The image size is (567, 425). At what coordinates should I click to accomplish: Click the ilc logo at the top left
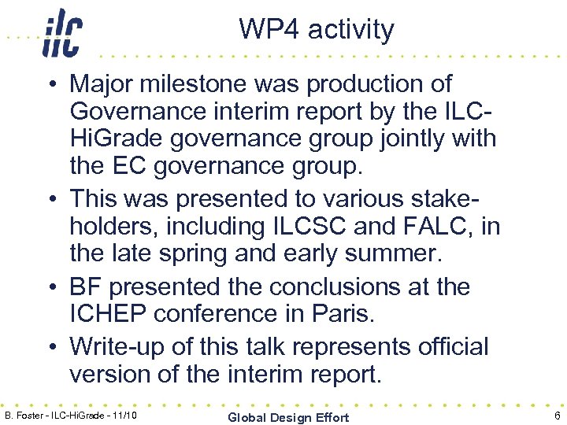pyautogui.click(x=62, y=33)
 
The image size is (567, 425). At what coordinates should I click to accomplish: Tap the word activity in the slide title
pyautogui.click(x=351, y=30)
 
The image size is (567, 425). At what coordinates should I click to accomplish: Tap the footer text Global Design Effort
pyautogui.click(x=288, y=416)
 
